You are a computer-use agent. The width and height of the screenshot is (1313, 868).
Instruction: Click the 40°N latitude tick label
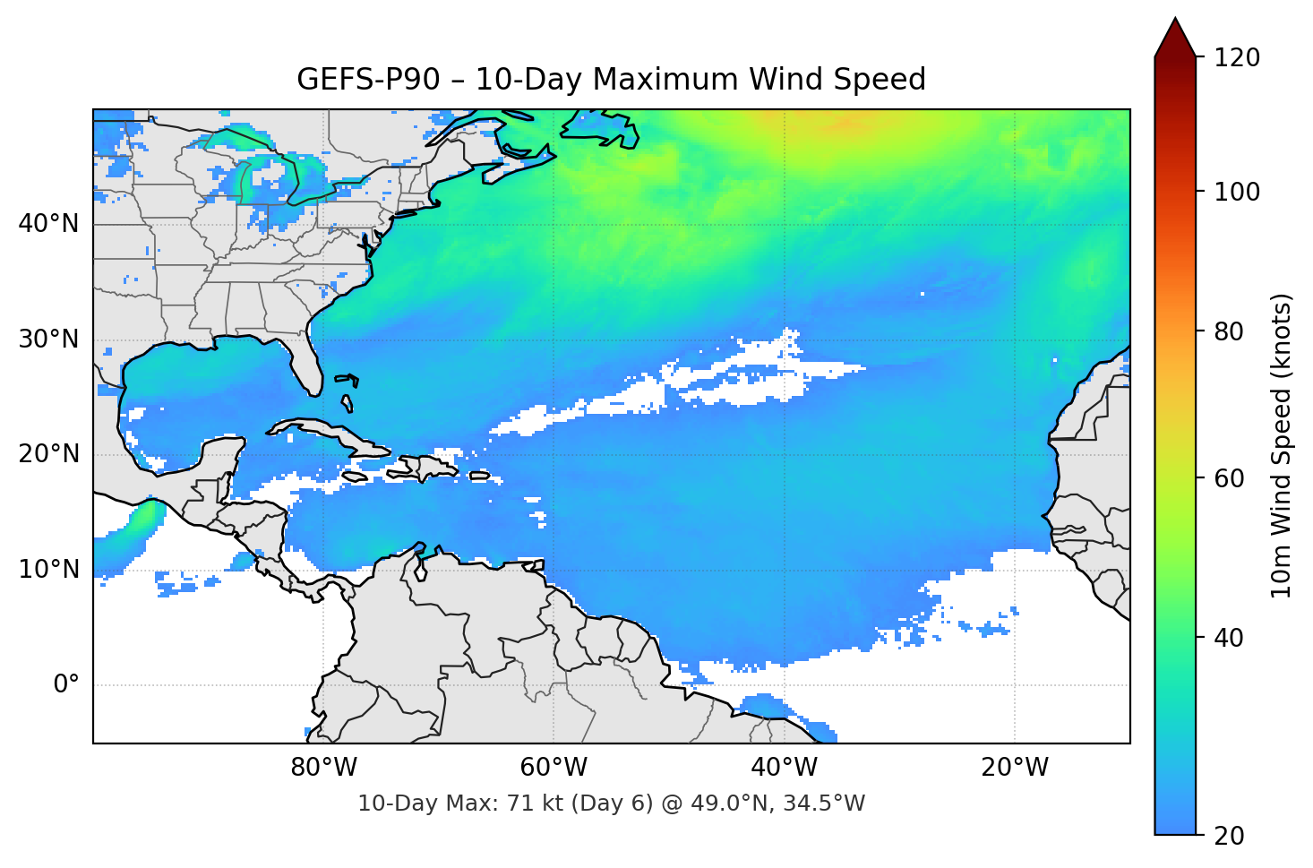(x=48, y=224)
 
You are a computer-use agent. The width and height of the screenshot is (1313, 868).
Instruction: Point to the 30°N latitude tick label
(x=48, y=339)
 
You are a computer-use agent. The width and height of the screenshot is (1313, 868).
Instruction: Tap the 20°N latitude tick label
(x=48, y=454)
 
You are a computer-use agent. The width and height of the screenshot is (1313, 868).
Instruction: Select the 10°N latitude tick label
(x=48, y=570)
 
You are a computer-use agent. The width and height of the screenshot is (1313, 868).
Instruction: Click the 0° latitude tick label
(x=66, y=685)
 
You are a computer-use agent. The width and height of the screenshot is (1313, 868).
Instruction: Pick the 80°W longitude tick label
(x=323, y=768)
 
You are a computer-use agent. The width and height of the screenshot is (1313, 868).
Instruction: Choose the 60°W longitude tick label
(x=554, y=768)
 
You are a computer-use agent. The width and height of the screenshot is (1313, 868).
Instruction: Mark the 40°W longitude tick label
(x=784, y=768)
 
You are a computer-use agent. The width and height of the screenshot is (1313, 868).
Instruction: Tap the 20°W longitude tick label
(x=1014, y=768)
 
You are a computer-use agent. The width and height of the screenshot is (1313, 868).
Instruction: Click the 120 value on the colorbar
(x=1237, y=58)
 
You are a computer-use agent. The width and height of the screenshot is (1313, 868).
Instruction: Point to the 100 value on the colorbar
(x=1237, y=192)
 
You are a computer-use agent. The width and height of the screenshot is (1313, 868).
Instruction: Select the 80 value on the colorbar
(x=1229, y=331)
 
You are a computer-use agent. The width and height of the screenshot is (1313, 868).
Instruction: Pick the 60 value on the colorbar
(x=1229, y=478)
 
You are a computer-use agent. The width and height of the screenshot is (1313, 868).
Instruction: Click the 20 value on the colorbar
(x=1229, y=836)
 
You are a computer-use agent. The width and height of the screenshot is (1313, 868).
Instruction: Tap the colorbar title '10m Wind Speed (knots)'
(x=1282, y=445)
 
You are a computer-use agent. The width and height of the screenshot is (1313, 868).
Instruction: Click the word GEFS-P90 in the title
(x=368, y=80)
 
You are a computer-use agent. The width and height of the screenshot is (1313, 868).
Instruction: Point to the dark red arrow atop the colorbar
(x=1175, y=39)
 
